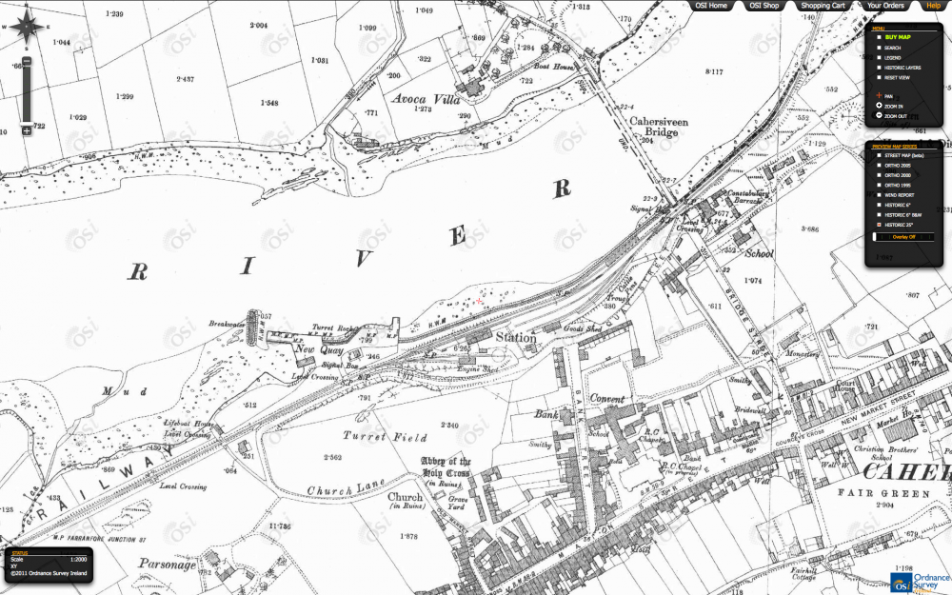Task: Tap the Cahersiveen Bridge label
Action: [653, 128]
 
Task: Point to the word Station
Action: [513, 338]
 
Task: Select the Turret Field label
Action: [377, 437]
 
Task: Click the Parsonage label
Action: [166, 564]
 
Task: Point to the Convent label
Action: [606, 399]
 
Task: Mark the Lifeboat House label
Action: [186, 425]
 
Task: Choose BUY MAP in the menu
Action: [898, 37]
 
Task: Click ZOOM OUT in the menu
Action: [896, 116]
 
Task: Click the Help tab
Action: [932, 6]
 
